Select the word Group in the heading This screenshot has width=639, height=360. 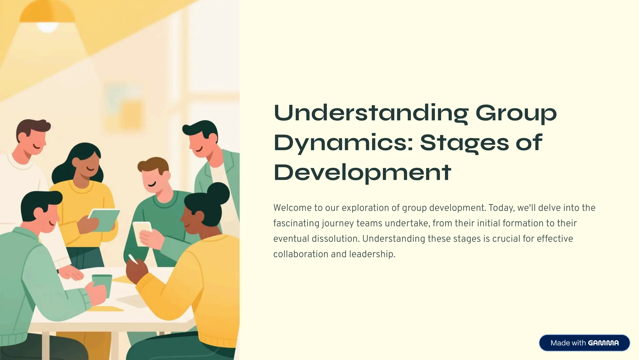[x=516, y=113]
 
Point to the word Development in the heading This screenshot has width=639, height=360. [x=362, y=173]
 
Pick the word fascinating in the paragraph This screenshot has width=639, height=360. [x=296, y=223]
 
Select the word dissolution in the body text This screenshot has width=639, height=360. [x=335, y=239]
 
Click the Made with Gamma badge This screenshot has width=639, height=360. [x=584, y=343]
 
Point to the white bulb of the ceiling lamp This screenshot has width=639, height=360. [x=47, y=27]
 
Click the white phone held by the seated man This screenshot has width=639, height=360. [x=142, y=232]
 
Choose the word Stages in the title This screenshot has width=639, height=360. [x=464, y=143]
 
